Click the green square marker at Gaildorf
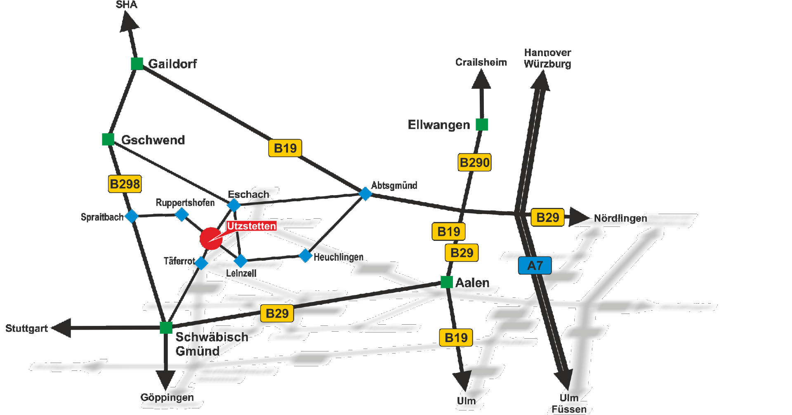pyautogui.click(x=137, y=64)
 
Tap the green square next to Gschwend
pyautogui.click(x=108, y=139)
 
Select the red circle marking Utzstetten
pyautogui.click(x=211, y=238)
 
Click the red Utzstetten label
pyautogui.click(x=251, y=226)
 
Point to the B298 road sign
pyautogui.click(x=125, y=184)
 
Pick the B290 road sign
pyautogui.click(x=474, y=163)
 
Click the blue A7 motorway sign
pyautogui.click(x=535, y=266)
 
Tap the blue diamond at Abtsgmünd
pyautogui.click(x=365, y=193)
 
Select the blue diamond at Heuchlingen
pyautogui.click(x=305, y=256)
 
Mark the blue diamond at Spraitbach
pyautogui.click(x=132, y=216)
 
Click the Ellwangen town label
pyautogui.click(x=439, y=125)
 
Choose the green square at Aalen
pyautogui.click(x=447, y=282)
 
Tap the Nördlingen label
pyautogui.click(x=620, y=218)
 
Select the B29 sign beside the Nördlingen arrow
pyautogui.click(x=547, y=217)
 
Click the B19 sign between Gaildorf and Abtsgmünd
pyautogui.click(x=285, y=148)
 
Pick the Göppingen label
pyautogui.click(x=167, y=397)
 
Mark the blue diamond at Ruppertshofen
pyautogui.click(x=182, y=215)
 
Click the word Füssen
pyautogui.click(x=569, y=409)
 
